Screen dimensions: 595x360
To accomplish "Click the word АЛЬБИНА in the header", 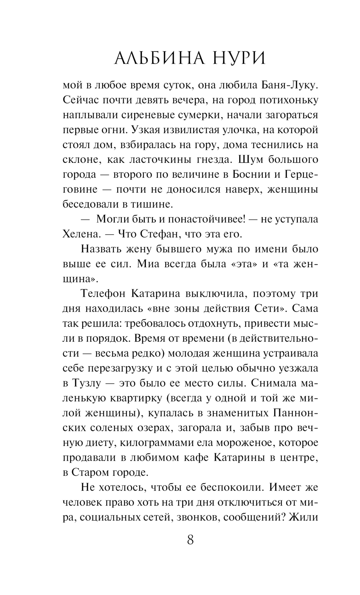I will coord(156,58).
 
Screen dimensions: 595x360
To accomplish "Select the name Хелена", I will coord(81,234).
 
